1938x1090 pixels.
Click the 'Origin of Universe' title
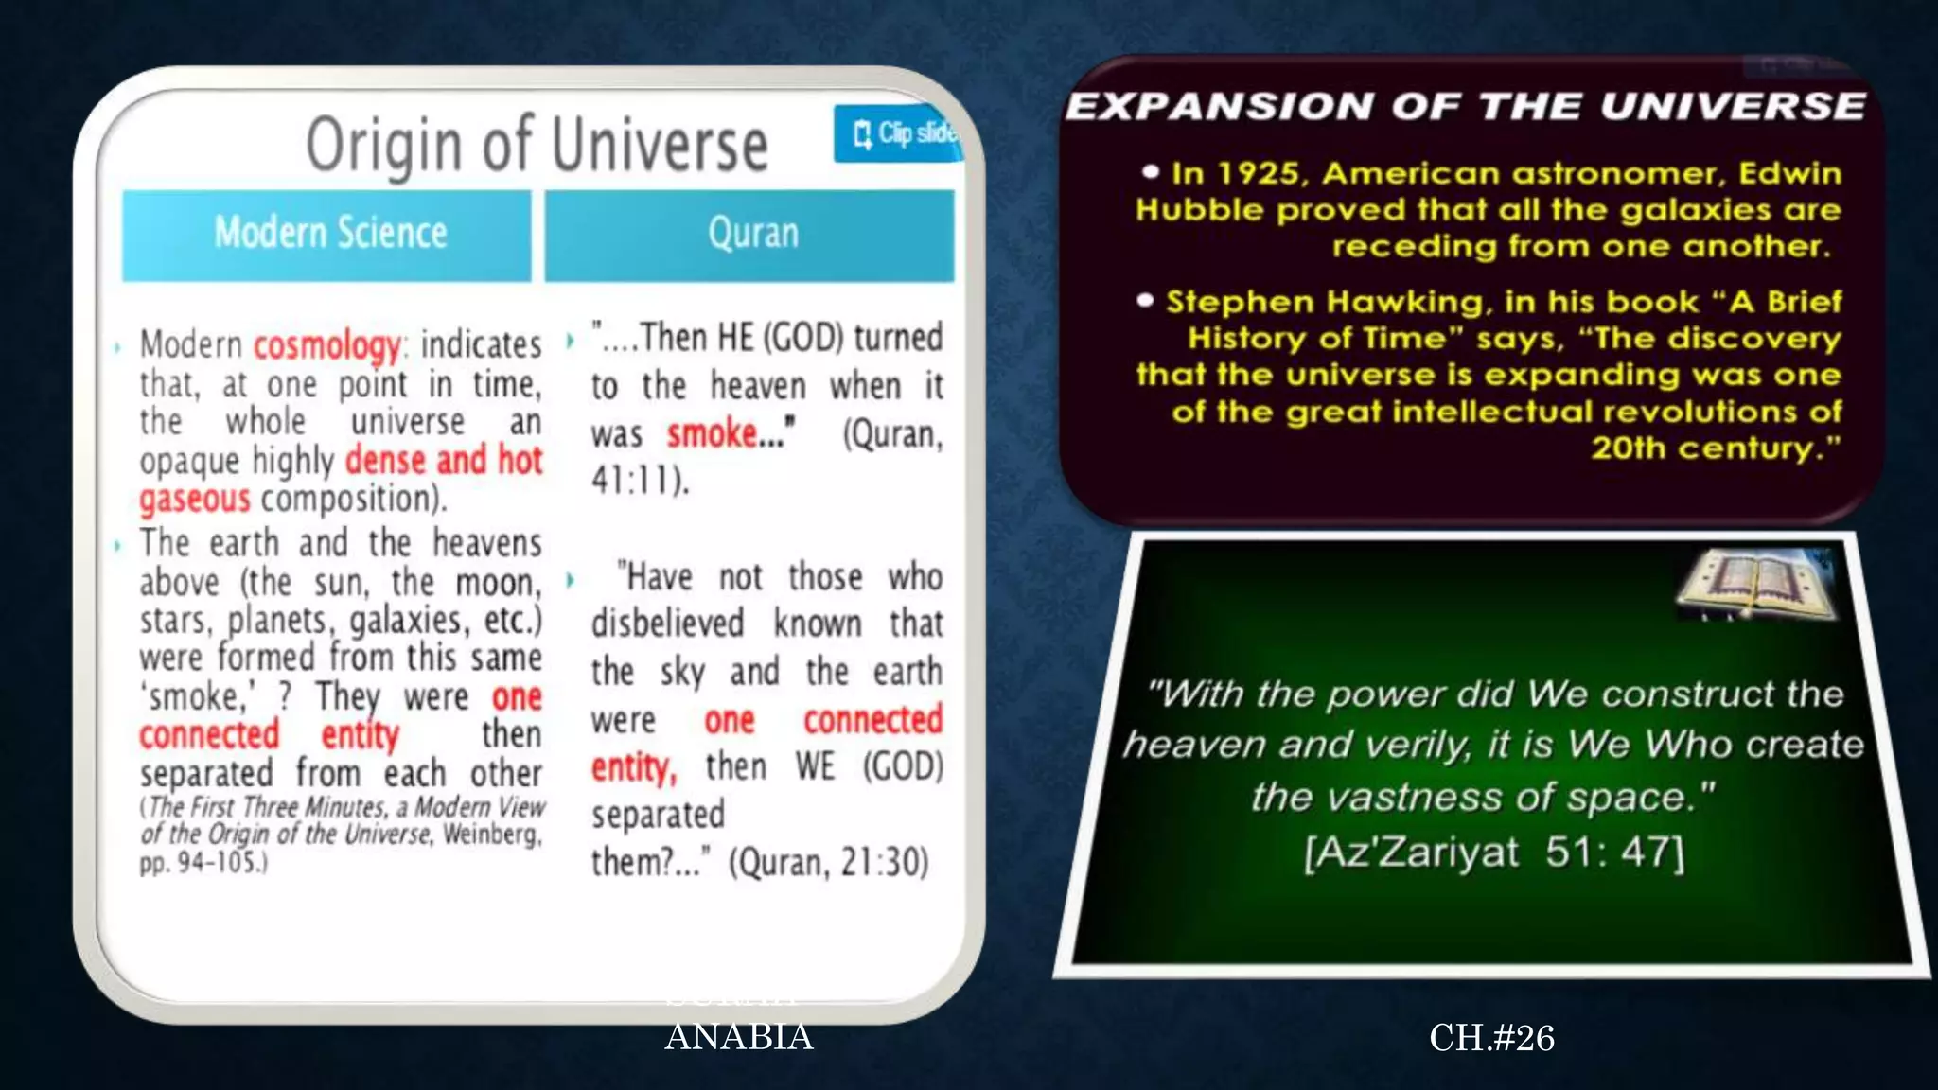pyautogui.click(x=537, y=144)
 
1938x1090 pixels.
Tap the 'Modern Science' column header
pyautogui.click(x=329, y=233)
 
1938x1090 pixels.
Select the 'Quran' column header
pyautogui.click(x=752, y=233)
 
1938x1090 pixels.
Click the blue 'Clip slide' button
pyautogui.click(x=898, y=133)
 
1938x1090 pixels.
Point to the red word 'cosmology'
pyautogui.click(x=327, y=345)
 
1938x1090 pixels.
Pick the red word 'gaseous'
pyautogui.click(x=195, y=499)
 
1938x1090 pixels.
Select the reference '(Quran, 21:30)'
pyautogui.click(x=829, y=862)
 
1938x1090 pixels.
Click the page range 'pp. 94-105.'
pyautogui.click(x=203, y=863)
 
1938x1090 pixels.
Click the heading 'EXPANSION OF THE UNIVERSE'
pyautogui.click(x=1465, y=106)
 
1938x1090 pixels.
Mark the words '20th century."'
pyautogui.click(x=1715, y=448)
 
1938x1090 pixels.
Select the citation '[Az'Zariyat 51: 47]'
pyautogui.click(x=1493, y=852)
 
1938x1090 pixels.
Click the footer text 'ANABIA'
pyautogui.click(x=738, y=1037)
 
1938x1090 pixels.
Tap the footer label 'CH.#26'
pyautogui.click(x=1491, y=1038)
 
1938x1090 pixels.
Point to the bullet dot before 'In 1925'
pyautogui.click(x=1151, y=172)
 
